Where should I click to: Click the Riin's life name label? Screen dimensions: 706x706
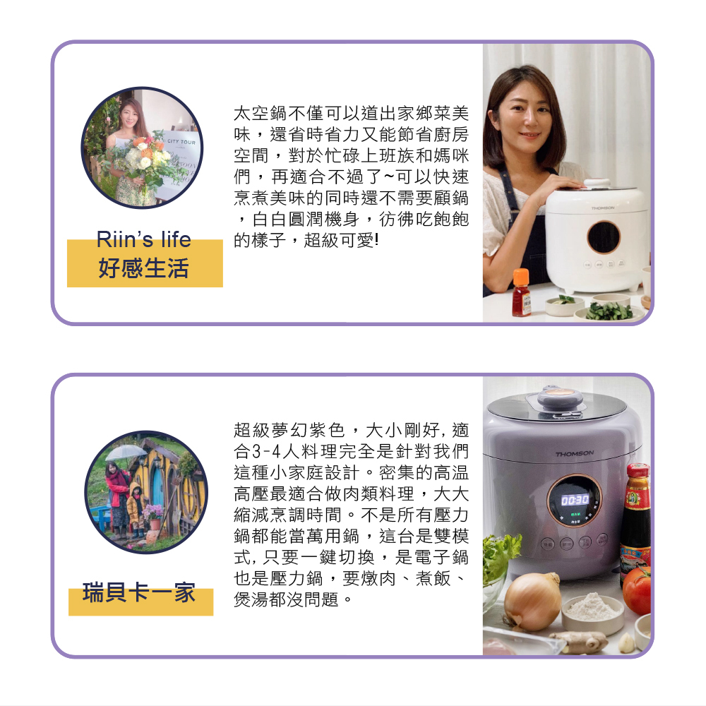pos(143,239)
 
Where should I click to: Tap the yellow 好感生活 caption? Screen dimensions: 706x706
pos(143,268)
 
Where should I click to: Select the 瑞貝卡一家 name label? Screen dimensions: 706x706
pos(139,592)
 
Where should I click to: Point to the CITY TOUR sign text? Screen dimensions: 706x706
pos(181,142)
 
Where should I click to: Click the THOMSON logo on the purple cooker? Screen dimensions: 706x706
pos(574,453)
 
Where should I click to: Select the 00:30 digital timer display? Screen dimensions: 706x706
pos(575,500)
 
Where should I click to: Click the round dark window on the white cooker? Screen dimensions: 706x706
pos(604,237)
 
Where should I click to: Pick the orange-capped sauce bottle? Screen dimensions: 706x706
pos(521,293)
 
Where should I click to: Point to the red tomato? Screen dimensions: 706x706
pos(637,590)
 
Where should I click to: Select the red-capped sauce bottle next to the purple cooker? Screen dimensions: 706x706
pos(636,522)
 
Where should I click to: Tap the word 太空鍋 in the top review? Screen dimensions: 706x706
pos(261,114)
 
